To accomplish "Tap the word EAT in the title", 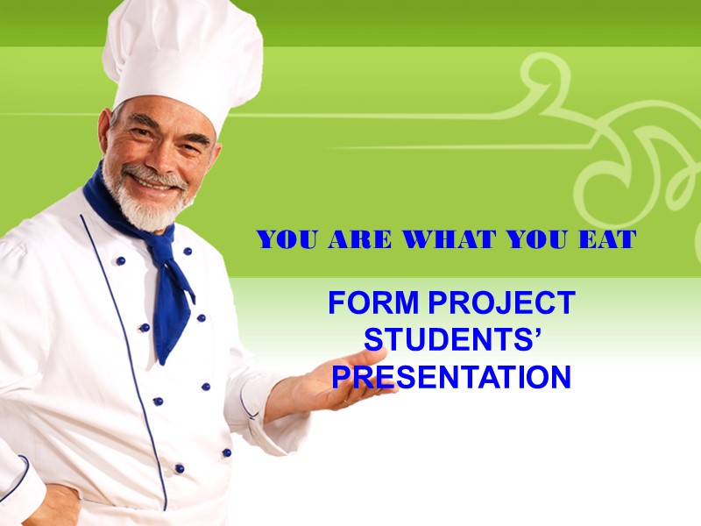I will click(607, 239).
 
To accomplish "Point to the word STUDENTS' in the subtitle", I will click(450, 340).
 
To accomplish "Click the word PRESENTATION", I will click(451, 377).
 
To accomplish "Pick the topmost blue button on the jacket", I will click(120, 260).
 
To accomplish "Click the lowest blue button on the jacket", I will click(179, 468).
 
